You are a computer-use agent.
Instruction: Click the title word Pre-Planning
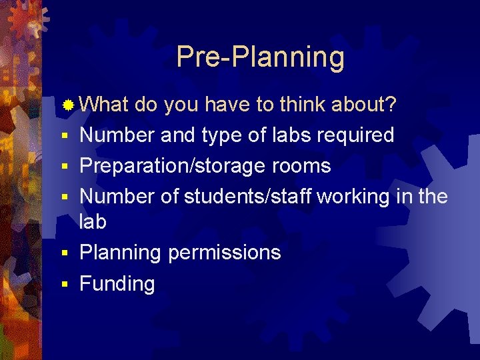pyautogui.click(x=260, y=57)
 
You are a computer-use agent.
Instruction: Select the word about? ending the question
pyautogui.click(x=365, y=104)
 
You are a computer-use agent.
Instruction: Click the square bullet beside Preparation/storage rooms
pyautogui.click(x=65, y=167)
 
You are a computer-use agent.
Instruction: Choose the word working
pyautogui.click(x=360, y=197)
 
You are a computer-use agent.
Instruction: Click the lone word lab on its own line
pyautogui.click(x=93, y=222)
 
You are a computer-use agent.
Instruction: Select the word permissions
pyautogui.click(x=224, y=253)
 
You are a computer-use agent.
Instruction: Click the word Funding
pyautogui.click(x=117, y=283)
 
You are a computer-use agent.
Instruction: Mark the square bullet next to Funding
pyautogui.click(x=65, y=285)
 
